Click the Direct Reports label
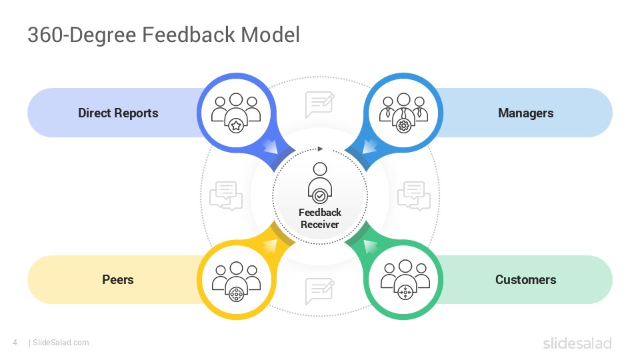[x=118, y=113]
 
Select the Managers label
[x=525, y=113]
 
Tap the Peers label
[x=118, y=279]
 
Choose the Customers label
[x=525, y=279]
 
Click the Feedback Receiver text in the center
[x=320, y=219]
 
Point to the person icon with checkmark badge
[x=320, y=183]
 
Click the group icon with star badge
[x=235, y=112]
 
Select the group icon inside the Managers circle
[x=403, y=112]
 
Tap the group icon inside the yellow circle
[x=235, y=281]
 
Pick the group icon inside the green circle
[x=404, y=281]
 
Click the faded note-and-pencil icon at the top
[x=319, y=105]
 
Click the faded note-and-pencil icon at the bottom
[x=319, y=291]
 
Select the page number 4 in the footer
[x=15, y=343]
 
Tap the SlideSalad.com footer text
[x=61, y=343]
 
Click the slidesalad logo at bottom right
[x=577, y=343]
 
